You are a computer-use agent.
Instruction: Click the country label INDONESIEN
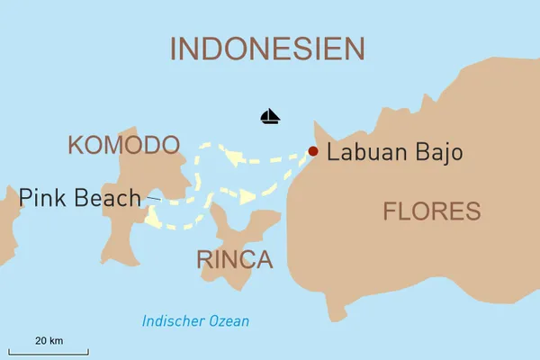pos(267,49)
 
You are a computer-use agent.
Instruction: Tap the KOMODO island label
pos(123,145)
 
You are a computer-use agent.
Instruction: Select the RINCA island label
pos(234,260)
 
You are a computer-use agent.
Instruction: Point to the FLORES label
pos(431,211)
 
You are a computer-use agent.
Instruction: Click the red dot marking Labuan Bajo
pos(312,151)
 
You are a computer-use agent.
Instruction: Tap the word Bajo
pos(439,153)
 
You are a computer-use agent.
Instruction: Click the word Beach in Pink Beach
pos(109,197)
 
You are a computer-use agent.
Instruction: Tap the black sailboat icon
pos(270,116)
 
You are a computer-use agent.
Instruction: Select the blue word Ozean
pos(229,321)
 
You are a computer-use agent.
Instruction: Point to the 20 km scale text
pos(49,340)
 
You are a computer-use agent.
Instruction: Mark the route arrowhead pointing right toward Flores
pos(247,195)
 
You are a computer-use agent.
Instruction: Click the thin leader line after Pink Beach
pos(153,198)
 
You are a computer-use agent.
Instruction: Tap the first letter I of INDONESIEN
pos(175,49)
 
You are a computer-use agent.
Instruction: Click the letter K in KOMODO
pos(76,145)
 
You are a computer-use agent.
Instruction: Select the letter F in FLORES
pos(391,211)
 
